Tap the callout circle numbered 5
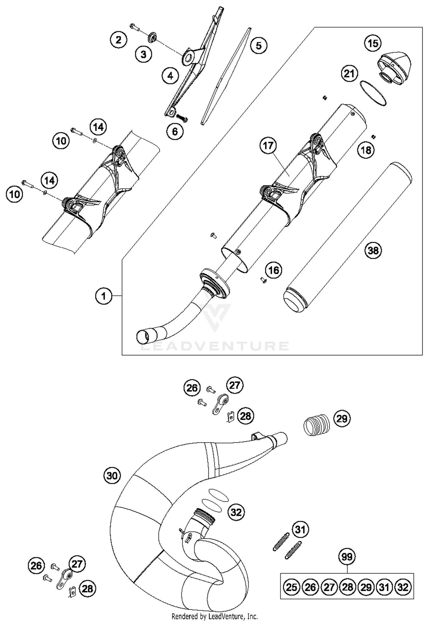pyautogui.click(x=258, y=46)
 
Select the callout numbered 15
pyautogui.click(x=373, y=44)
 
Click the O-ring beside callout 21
pyautogui.click(x=373, y=93)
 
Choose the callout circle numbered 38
pyautogui.click(x=373, y=251)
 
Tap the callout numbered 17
pyautogui.click(x=268, y=145)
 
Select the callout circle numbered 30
pyautogui.click(x=112, y=476)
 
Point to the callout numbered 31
pyautogui.click(x=300, y=529)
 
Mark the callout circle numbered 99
pyautogui.click(x=347, y=557)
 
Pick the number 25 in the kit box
pyautogui.click(x=292, y=587)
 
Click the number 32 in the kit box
pyautogui.click(x=403, y=587)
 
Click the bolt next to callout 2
pyautogui.click(x=134, y=27)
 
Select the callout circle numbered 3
pyautogui.click(x=143, y=54)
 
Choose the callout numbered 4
pyautogui.click(x=170, y=76)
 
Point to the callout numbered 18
pyautogui.click(x=366, y=150)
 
